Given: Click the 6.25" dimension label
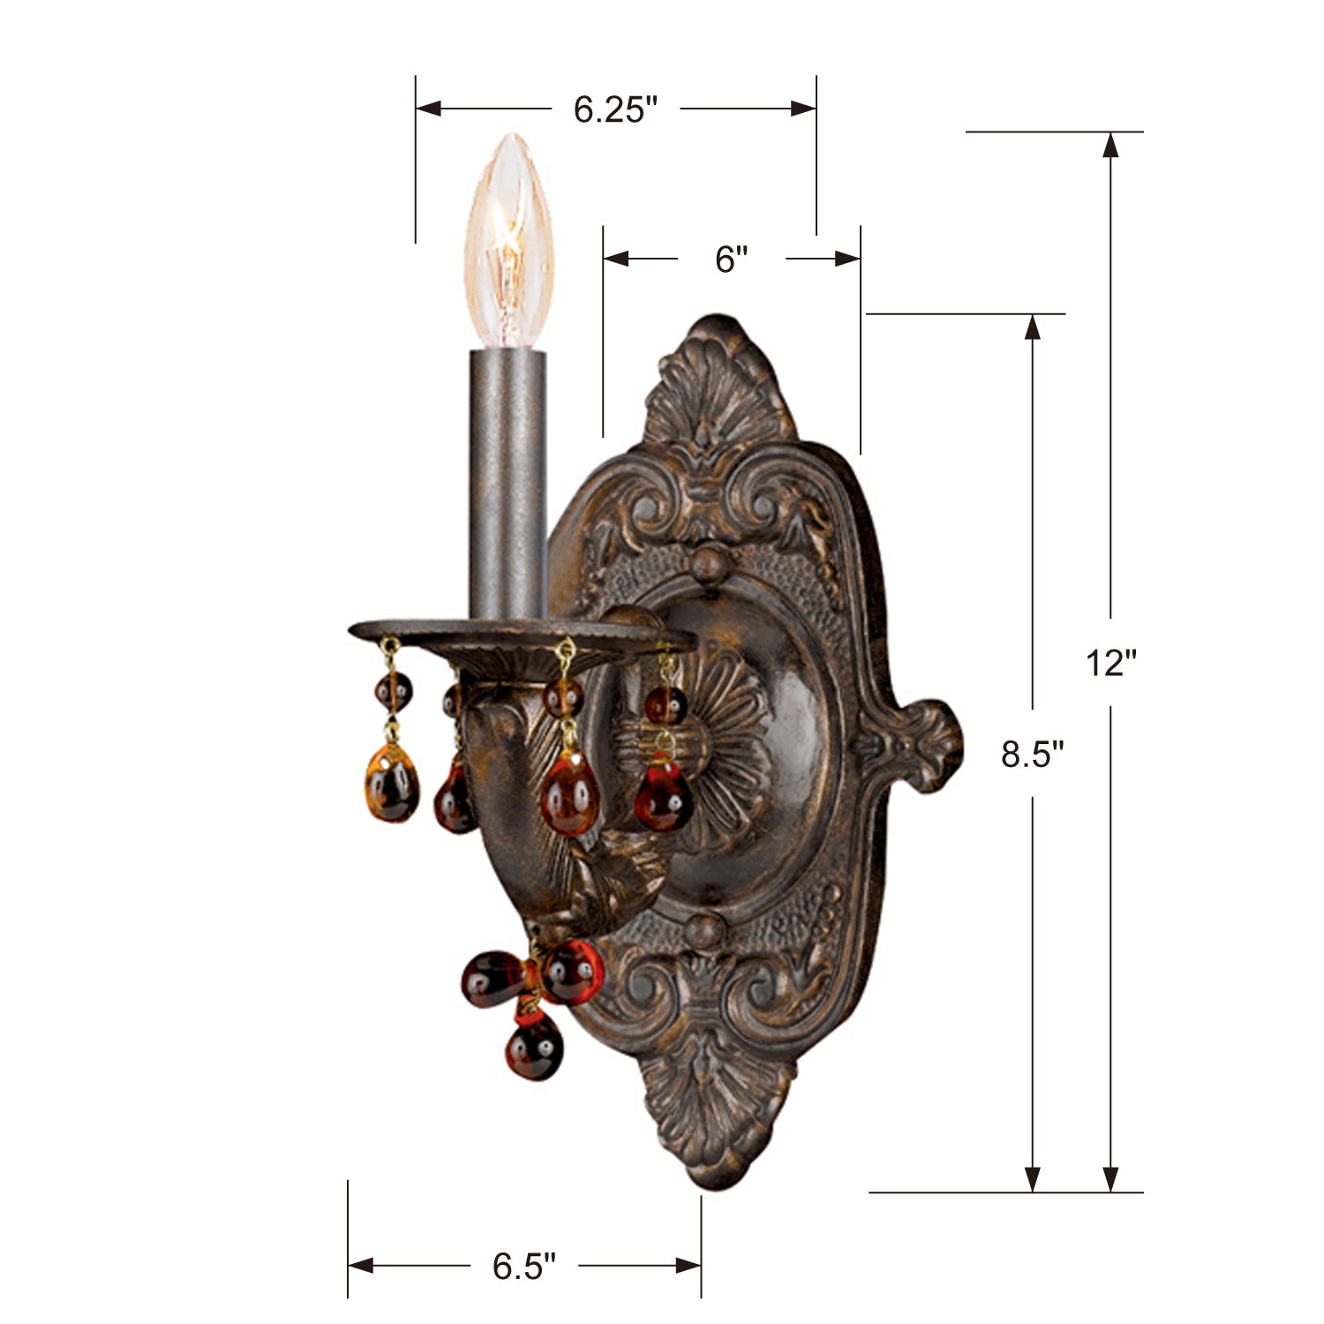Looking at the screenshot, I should tap(615, 109).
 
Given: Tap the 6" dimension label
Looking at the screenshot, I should tap(731, 260).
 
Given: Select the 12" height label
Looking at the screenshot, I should tap(1110, 662).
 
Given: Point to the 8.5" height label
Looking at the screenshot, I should tap(1032, 755).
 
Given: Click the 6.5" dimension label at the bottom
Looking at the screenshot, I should tap(524, 1267).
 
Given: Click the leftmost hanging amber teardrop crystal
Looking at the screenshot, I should tap(391, 783).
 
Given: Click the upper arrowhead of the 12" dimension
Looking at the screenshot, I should tap(1110, 146).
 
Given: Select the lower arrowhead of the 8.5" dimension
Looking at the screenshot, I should tap(1032, 1178).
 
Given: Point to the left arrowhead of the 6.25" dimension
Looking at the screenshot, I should tap(429, 109).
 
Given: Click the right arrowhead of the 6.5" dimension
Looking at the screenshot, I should tap(688, 1266).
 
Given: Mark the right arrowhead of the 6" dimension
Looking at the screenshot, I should tap(846, 259).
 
